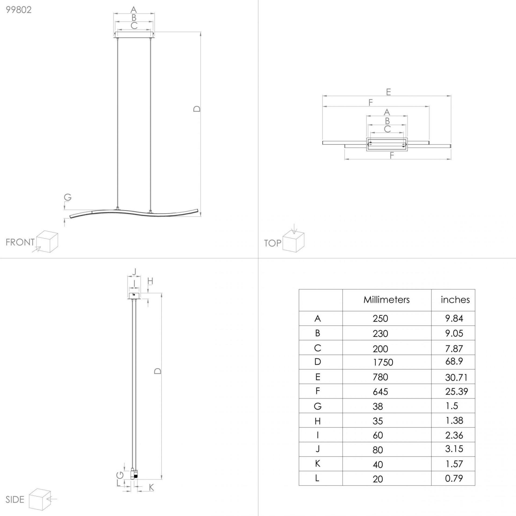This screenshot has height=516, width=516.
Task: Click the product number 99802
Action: coord(19,10)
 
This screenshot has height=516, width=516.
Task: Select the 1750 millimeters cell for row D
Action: coord(383,362)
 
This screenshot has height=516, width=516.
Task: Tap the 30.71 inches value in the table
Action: coord(456,378)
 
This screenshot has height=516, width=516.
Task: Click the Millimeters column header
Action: coord(386,300)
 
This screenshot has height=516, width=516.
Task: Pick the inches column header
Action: coord(455,300)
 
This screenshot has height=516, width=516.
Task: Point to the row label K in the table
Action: coord(317,464)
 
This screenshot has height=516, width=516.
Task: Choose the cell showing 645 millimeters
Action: coord(380,392)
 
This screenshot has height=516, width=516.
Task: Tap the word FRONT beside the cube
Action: coord(20,242)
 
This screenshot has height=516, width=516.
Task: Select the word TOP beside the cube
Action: coord(273,243)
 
